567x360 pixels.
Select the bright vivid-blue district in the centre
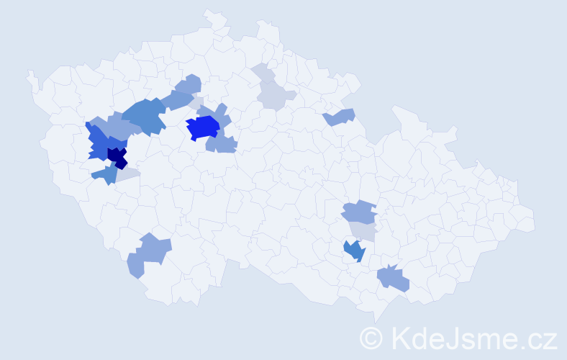(x=203, y=128)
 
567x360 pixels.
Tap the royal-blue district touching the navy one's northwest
(x=101, y=142)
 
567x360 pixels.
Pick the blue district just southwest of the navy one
(x=105, y=174)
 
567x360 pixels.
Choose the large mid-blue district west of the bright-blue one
(x=145, y=115)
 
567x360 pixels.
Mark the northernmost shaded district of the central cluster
(x=190, y=84)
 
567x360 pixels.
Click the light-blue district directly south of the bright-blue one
(x=221, y=144)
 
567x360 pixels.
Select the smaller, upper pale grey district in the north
(x=265, y=74)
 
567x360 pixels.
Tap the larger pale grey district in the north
(x=276, y=95)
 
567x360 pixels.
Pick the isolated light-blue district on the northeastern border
(x=340, y=117)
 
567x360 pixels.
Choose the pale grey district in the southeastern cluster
(x=363, y=230)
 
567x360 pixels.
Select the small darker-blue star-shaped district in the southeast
(x=354, y=251)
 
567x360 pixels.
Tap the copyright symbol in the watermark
(x=371, y=338)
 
